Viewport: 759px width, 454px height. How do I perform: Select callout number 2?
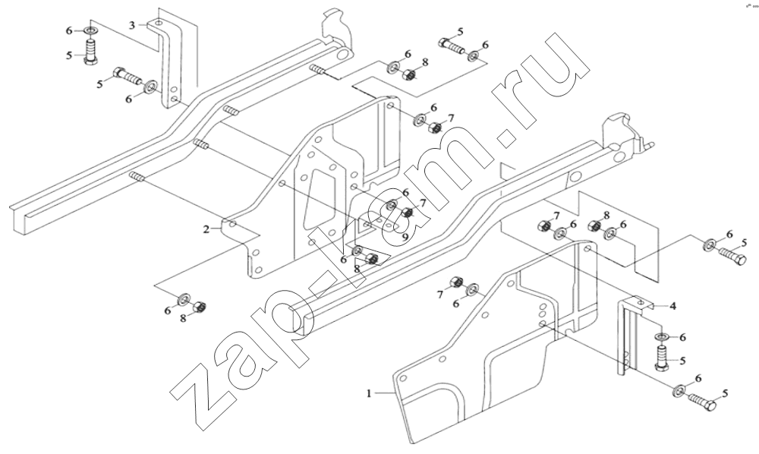click(206, 229)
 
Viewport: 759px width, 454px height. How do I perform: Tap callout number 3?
click(132, 25)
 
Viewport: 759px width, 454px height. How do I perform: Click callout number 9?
click(405, 237)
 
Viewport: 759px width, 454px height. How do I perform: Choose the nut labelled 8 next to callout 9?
click(371, 259)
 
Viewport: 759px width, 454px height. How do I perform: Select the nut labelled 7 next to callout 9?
click(407, 213)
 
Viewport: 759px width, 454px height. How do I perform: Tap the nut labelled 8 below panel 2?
click(200, 307)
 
